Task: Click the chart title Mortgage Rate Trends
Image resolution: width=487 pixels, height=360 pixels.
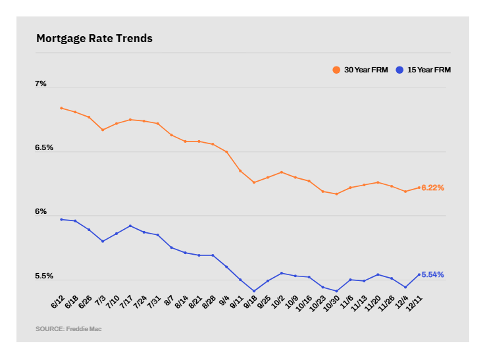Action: (x=94, y=39)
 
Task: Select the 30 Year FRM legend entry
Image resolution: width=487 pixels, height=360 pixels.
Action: (x=361, y=70)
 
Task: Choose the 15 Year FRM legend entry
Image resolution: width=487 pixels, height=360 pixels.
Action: (x=424, y=70)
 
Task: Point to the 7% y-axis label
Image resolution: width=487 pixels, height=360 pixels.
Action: (x=41, y=84)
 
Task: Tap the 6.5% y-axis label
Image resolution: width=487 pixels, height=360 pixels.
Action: (x=44, y=148)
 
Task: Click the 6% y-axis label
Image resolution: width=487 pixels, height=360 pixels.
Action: (x=41, y=212)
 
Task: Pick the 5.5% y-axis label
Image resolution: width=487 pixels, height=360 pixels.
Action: (x=44, y=276)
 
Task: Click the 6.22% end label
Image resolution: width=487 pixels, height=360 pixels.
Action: (x=433, y=188)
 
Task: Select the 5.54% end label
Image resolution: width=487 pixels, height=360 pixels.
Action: (x=433, y=274)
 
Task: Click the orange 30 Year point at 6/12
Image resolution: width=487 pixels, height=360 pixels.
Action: (x=61, y=108)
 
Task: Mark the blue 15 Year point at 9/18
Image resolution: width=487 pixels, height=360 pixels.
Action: (x=254, y=291)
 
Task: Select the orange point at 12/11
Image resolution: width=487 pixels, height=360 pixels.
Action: (x=419, y=188)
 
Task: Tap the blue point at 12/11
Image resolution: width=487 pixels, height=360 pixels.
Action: (x=419, y=274)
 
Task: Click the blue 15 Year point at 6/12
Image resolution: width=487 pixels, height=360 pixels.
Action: (x=61, y=219)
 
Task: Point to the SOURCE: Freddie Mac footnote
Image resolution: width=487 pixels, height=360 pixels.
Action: (x=68, y=328)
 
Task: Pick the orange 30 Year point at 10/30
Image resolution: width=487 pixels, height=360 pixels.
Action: (x=336, y=194)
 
